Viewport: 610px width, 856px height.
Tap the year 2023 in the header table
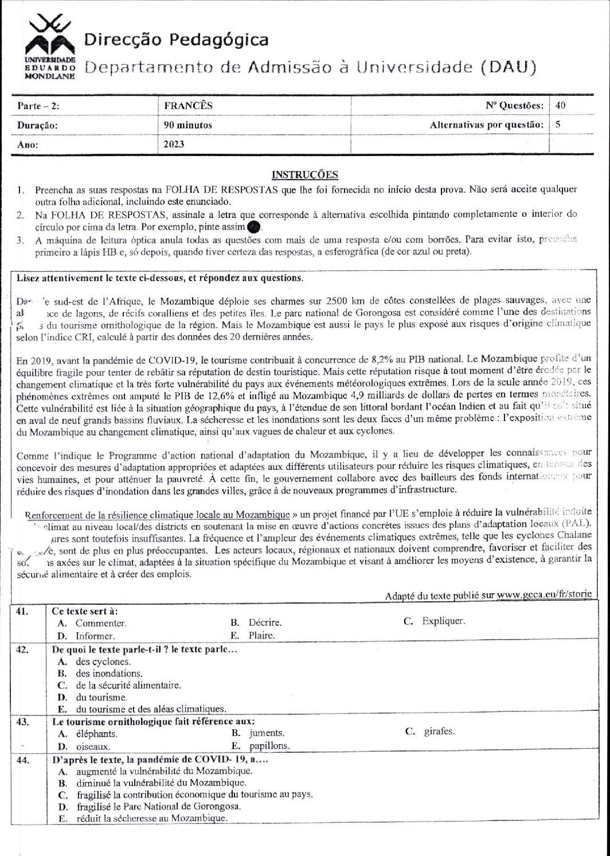point(174,144)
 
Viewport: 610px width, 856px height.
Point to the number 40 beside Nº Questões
point(560,106)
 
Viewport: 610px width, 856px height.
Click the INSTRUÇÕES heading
point(304,174)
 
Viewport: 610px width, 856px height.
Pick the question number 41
point(23,612)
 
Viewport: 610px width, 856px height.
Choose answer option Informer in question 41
point(95,636)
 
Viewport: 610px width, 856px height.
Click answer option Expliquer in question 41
point(443,621)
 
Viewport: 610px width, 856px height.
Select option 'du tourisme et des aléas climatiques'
point(150,709)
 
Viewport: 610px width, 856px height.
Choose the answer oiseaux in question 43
point(92,746)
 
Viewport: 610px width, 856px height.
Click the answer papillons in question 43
point(269,746)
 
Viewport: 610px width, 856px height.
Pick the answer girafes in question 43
point(440,731)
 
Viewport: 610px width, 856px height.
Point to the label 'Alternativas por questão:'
point(486,124)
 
